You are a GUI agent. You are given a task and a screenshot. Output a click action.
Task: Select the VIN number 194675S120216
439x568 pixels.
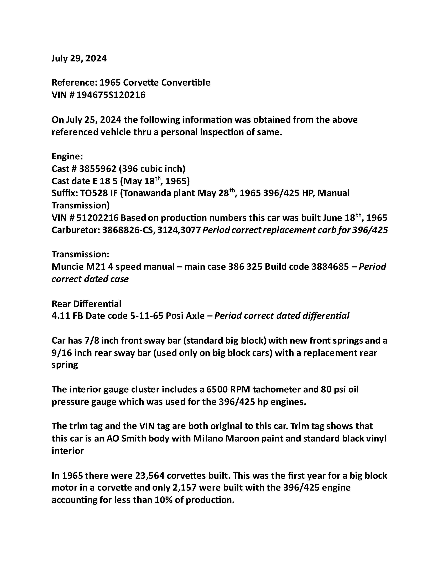(111, 95)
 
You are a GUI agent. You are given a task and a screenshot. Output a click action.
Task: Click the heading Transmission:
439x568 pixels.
(80, 254)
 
